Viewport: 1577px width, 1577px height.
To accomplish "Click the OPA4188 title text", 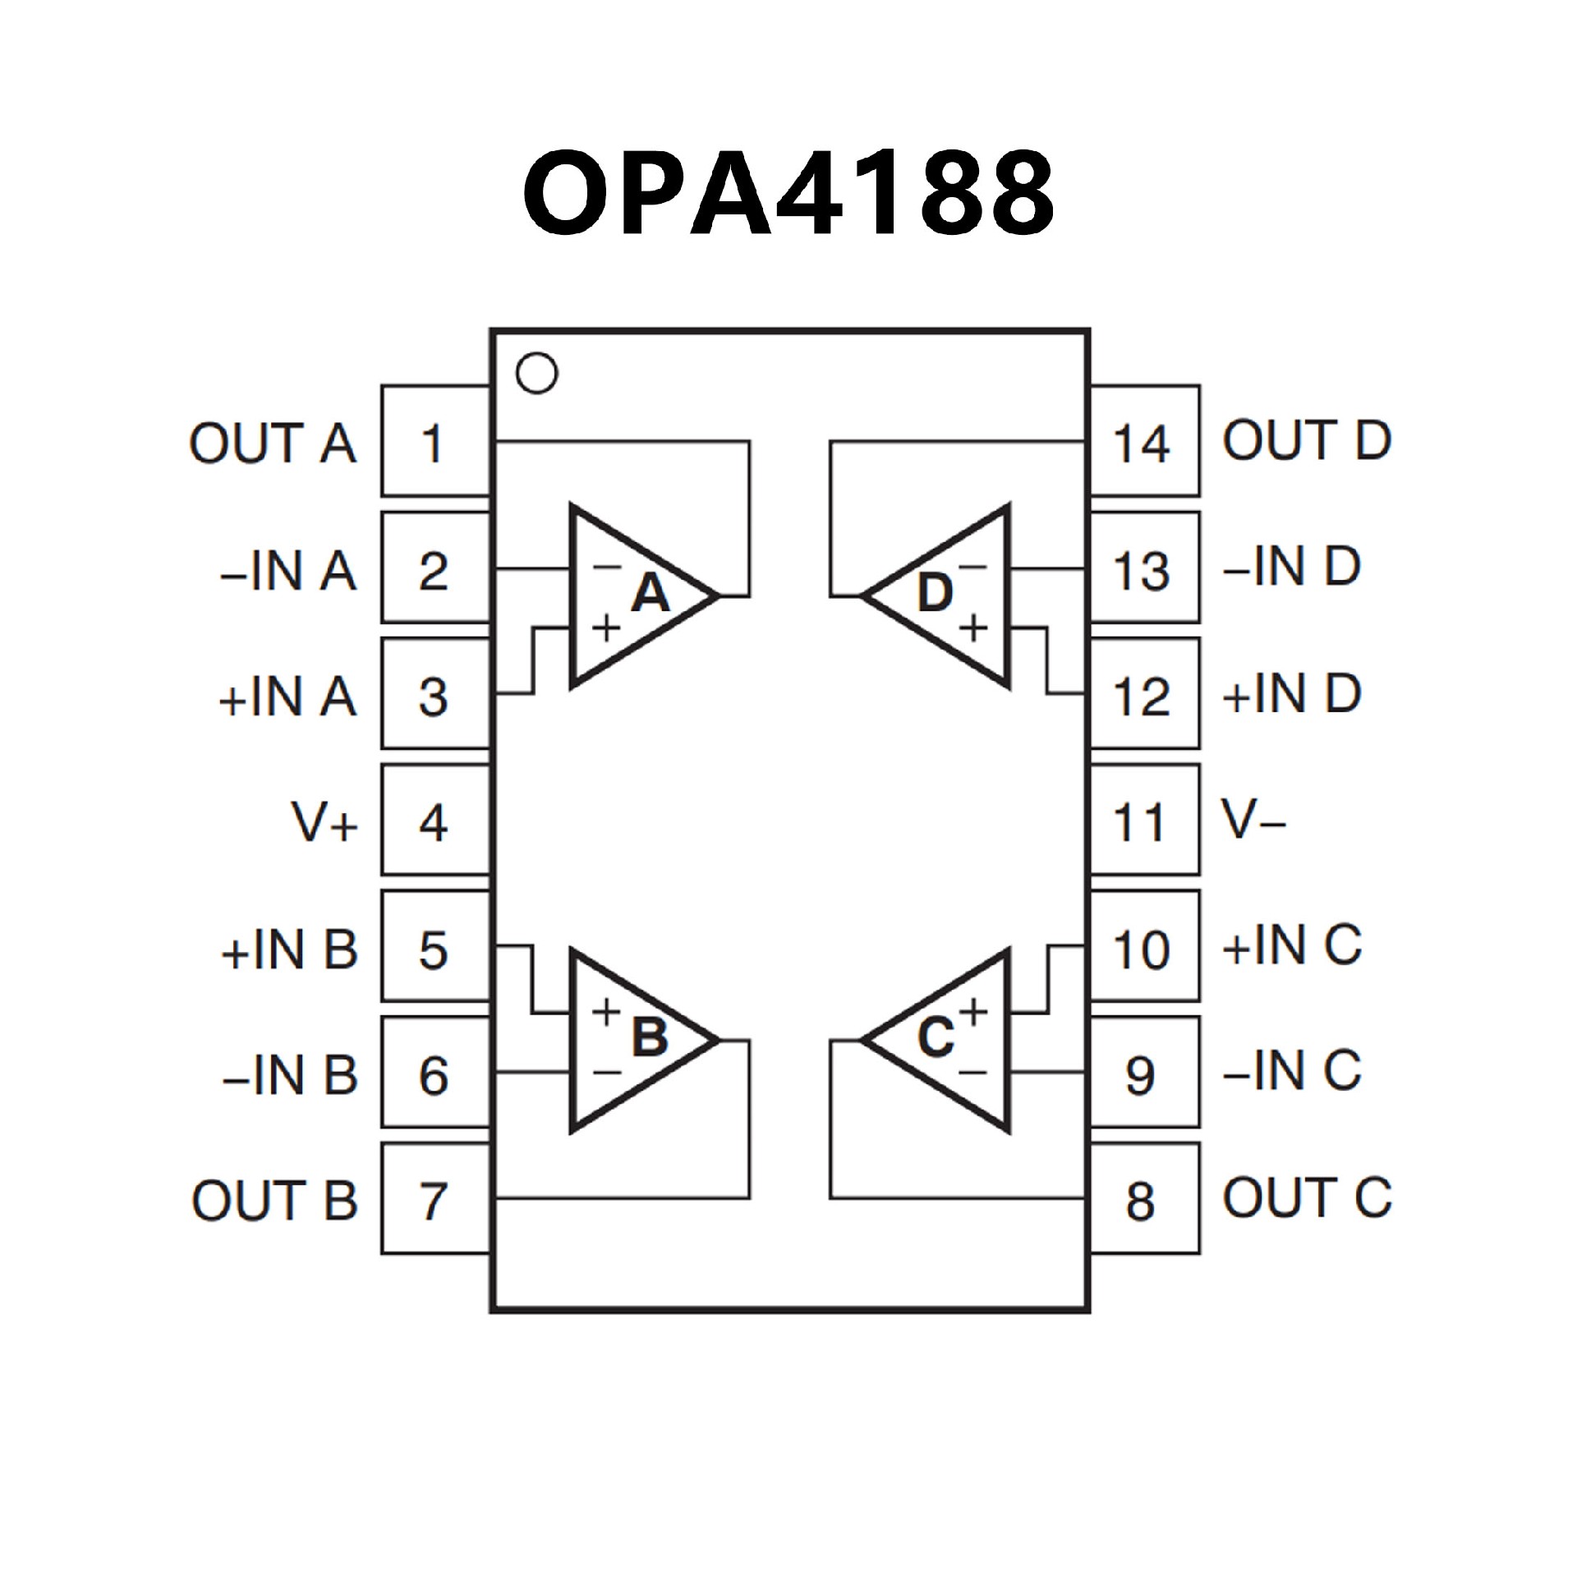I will [788, 194].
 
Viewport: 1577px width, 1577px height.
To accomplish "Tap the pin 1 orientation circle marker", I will [536, 373].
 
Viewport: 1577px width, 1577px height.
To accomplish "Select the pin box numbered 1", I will [435, 442].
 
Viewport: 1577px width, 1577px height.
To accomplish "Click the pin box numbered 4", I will [435, 821].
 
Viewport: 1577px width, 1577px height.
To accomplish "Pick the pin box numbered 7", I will [435, 1200].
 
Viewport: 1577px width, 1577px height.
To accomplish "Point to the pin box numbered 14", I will [1143, 442].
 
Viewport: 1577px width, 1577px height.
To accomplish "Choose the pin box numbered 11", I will [1143, 821].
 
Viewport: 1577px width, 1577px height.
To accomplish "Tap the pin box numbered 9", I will [1143, 1074].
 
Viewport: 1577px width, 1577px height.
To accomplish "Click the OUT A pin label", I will [273, 444].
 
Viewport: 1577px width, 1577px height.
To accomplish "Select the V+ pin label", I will [324, 822].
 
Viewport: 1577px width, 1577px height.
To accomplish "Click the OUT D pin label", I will [1307, 440].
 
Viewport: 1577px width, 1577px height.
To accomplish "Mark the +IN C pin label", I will [1292, 945].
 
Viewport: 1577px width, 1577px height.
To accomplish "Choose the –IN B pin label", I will [290, 1075].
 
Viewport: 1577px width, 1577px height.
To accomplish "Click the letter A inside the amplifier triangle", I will [651, 593].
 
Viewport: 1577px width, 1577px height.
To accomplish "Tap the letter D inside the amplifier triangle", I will [935, 593].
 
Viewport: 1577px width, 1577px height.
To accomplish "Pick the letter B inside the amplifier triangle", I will [650, 1037].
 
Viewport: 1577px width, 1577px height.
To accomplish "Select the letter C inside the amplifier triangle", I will [936, 1037].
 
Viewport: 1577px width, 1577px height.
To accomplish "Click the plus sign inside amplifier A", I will [606, 629].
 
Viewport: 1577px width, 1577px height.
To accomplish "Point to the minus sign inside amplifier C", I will [973, 1072].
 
